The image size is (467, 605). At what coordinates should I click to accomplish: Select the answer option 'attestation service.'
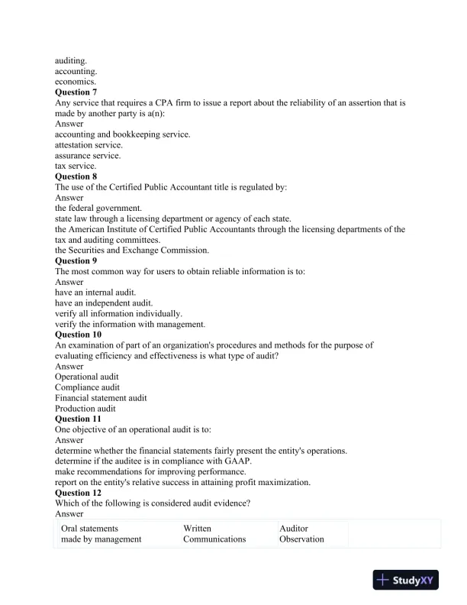(89, 144)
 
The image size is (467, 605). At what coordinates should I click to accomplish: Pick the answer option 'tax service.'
(76, 166)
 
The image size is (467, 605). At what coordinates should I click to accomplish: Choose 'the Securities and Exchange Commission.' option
(132, 250)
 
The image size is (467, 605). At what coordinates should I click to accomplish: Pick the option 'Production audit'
(85, 409)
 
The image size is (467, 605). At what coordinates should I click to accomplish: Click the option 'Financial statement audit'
(101, 398)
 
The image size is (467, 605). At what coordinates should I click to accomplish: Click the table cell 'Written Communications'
(214, 533)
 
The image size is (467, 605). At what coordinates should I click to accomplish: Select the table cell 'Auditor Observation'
(301, 533)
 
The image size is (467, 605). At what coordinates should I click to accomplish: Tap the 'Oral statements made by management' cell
(101, 533)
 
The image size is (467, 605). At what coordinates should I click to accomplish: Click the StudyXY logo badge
(408, 581)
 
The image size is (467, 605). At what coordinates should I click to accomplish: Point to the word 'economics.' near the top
(76, 81)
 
